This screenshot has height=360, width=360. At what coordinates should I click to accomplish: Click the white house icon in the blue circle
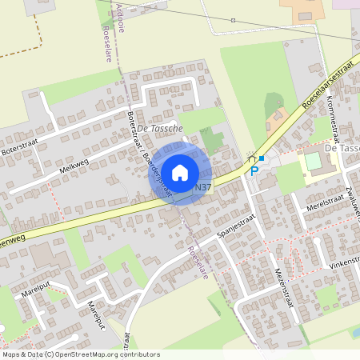pyautogui.click(x=180, y=173)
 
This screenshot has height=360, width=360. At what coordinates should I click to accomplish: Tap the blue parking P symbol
pyautogui.click(x=254, y=170)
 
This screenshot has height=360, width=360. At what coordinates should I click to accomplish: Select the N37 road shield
pyautogui.click(x=203, y=187)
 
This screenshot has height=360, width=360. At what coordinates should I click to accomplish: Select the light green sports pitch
pyautogui.click(x=313, y=161)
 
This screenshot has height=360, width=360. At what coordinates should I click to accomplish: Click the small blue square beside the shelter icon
pyautogui.click(x=261, y=158)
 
